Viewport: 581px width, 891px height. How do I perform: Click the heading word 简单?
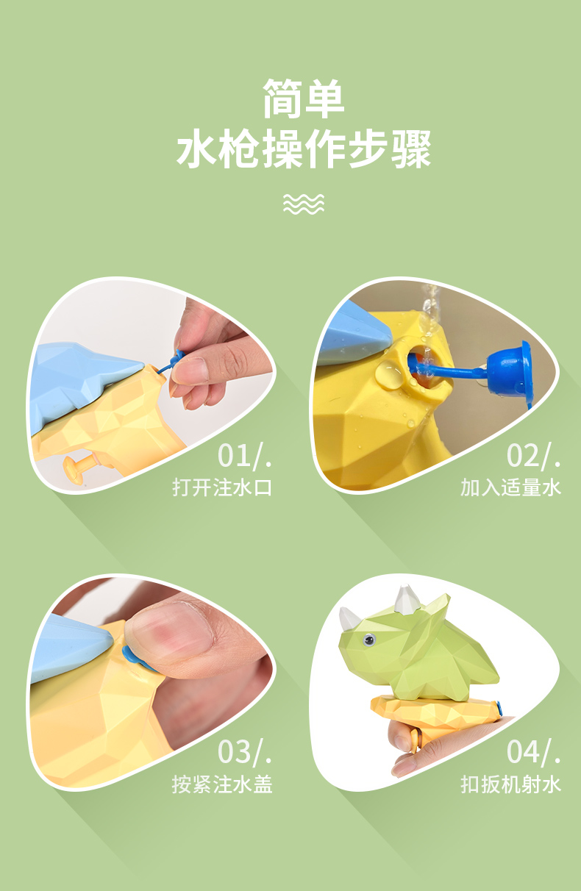[303, 99]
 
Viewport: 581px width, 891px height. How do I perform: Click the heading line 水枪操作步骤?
[304, 148]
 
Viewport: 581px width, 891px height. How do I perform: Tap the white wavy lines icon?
[304, 204]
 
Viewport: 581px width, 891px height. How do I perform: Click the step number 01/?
[245, 456]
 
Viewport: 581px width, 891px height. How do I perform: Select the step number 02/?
[534, 456]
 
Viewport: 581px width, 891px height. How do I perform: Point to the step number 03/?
[245, 751]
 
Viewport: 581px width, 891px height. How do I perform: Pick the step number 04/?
[534, 751]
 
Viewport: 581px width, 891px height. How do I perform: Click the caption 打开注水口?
[222, 487]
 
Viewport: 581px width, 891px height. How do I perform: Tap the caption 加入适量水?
[511, 487]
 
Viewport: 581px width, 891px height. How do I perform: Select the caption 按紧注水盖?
[222, 784]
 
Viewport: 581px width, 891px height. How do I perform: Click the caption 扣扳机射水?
[511, 784]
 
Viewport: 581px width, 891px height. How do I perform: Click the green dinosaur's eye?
[369, 640]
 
